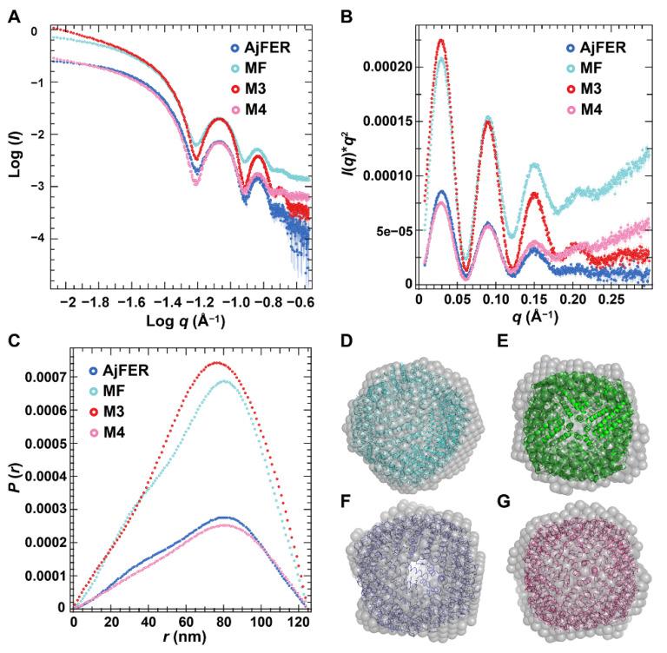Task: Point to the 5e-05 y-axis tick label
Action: tap(393, 230)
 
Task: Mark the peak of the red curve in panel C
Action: tap(216, 363)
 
